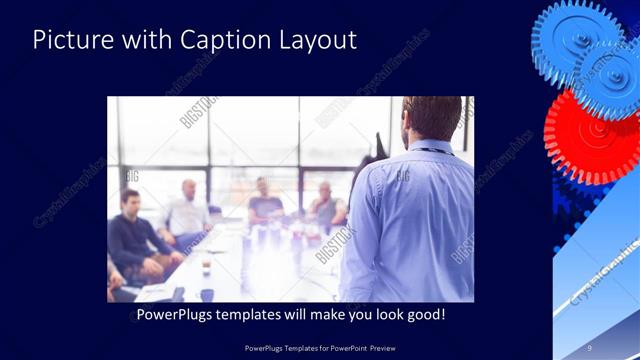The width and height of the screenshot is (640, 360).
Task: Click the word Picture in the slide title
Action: [x=67, y=40]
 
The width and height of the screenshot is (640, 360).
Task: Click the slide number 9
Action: [x=590, y=347]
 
